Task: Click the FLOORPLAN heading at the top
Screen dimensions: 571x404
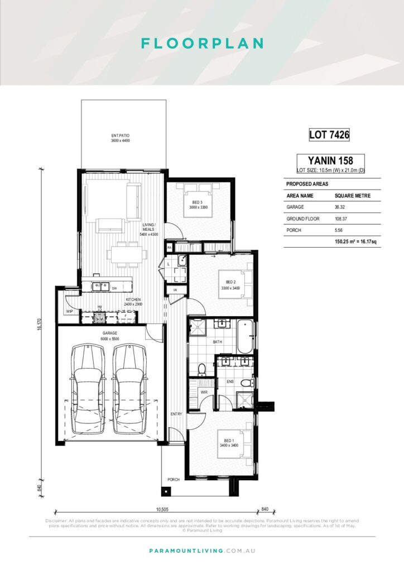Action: coord(201,43)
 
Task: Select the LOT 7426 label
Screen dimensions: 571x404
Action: coord(329,134)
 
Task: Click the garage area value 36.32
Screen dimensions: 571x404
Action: coord(340,207)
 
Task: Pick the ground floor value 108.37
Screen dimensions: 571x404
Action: coord(342,219)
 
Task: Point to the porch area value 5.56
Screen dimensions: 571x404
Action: coord(339,230)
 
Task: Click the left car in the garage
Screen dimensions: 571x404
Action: coord(88,389)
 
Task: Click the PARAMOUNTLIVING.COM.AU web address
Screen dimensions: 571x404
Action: coord(201,551)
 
